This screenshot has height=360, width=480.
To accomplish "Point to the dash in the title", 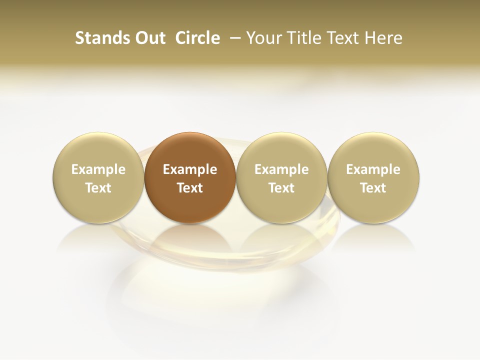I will (x=233, y=38).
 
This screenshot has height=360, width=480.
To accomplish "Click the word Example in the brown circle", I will (x=190, y=169).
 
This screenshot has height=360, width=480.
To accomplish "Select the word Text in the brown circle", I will (x=190, y=188).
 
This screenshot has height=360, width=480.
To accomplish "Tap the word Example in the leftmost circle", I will (x=98, y=169).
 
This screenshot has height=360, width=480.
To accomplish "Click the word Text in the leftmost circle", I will (x=98, y=188).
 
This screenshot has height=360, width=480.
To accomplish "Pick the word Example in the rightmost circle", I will (x=373, y=169).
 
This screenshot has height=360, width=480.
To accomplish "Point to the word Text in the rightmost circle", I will (x=373, y=188).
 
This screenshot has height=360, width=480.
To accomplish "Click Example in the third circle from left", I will (x=281, y=169).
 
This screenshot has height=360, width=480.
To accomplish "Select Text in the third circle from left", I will (x=281, y=188).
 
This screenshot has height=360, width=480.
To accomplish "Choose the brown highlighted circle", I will (x=190, y=150).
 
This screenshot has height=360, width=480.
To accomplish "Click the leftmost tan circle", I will (x=98, y=150).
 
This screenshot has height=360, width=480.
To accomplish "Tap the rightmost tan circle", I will (x=373, y=150).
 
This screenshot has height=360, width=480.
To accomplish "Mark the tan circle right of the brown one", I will (x=281, y=150).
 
